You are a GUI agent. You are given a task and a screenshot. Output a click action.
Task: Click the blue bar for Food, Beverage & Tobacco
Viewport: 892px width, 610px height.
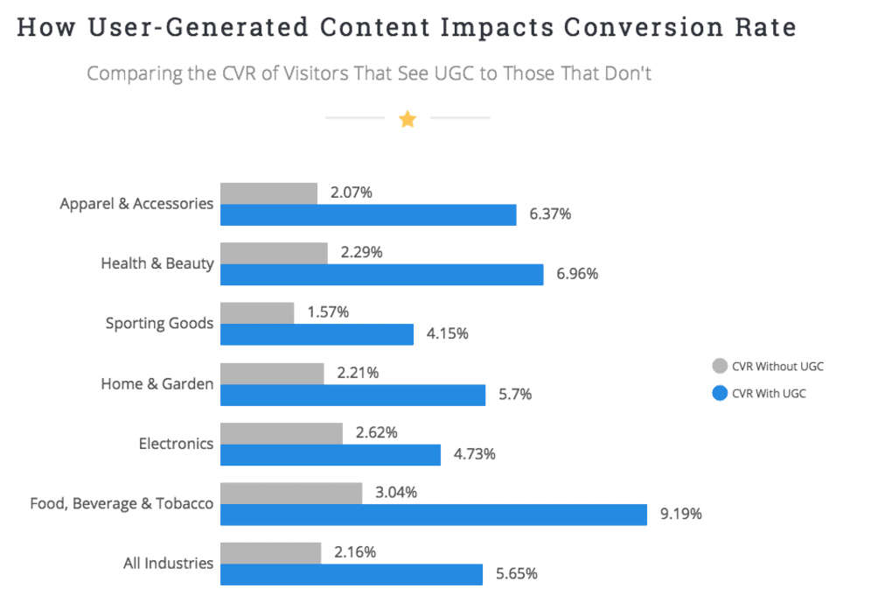[433, 515]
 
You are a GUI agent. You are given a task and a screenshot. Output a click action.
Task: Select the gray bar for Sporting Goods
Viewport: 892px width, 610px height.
[257, 312]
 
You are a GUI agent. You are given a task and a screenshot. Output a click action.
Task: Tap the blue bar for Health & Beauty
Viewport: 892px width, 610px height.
[381, 274]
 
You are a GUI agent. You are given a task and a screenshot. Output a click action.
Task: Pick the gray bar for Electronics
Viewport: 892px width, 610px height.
[281, 432]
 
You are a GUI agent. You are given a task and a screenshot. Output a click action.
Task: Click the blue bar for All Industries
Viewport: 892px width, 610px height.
[351, 574]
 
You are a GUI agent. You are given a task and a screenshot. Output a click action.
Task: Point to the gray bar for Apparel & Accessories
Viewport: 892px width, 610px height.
[268, 193]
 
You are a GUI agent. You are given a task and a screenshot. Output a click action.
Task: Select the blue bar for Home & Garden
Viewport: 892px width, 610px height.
[352, 395]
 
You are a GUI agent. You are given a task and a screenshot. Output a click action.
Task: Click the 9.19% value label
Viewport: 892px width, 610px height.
[680, 515]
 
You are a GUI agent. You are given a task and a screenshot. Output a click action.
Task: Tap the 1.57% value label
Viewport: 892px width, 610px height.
[328, 312]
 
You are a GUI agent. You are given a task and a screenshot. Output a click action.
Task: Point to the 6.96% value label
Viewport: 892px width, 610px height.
[577, 274]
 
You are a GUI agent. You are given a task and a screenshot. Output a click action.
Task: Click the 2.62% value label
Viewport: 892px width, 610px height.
[377, 432]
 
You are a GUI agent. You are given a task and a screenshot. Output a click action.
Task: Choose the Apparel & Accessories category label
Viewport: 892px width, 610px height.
[136, 204]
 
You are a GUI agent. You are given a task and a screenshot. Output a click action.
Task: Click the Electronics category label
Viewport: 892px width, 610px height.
[176, 444]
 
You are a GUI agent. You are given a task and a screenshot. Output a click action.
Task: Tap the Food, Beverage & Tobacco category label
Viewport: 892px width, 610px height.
[122, 503]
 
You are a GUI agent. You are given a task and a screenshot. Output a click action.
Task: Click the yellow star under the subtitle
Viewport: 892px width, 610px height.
[408, 119]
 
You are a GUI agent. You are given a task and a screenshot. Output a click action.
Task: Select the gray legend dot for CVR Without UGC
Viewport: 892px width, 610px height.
[720, 366]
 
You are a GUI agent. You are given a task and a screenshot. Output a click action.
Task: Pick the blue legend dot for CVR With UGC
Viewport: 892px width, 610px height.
[720, 393]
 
